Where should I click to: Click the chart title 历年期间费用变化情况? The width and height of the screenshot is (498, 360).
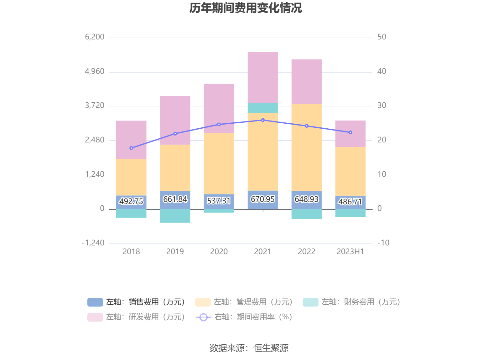246,8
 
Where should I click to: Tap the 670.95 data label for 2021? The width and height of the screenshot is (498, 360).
262,199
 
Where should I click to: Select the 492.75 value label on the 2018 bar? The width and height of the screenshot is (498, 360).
131,201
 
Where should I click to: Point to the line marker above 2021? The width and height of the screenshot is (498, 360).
263,120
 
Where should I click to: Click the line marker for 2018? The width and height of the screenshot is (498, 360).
131,148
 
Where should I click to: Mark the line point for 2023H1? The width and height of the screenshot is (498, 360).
350,132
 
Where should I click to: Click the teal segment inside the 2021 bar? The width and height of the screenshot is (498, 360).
263,108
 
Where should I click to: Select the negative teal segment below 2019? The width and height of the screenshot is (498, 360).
175,216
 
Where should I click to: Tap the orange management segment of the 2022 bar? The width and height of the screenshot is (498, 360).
307,147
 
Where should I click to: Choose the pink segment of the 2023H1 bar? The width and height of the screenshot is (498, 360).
350,134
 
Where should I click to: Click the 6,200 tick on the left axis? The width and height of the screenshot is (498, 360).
95,37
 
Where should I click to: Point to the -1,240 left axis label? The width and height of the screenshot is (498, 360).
93,243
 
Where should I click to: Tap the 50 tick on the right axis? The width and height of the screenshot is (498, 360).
382,37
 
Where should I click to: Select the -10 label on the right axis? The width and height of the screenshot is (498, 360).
383,243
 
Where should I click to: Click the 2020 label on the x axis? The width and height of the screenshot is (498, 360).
219,252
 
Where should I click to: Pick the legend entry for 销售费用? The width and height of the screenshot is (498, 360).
137,302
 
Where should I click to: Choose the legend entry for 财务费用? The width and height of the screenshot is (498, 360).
352,302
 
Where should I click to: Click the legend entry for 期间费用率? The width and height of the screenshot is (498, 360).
244,317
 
